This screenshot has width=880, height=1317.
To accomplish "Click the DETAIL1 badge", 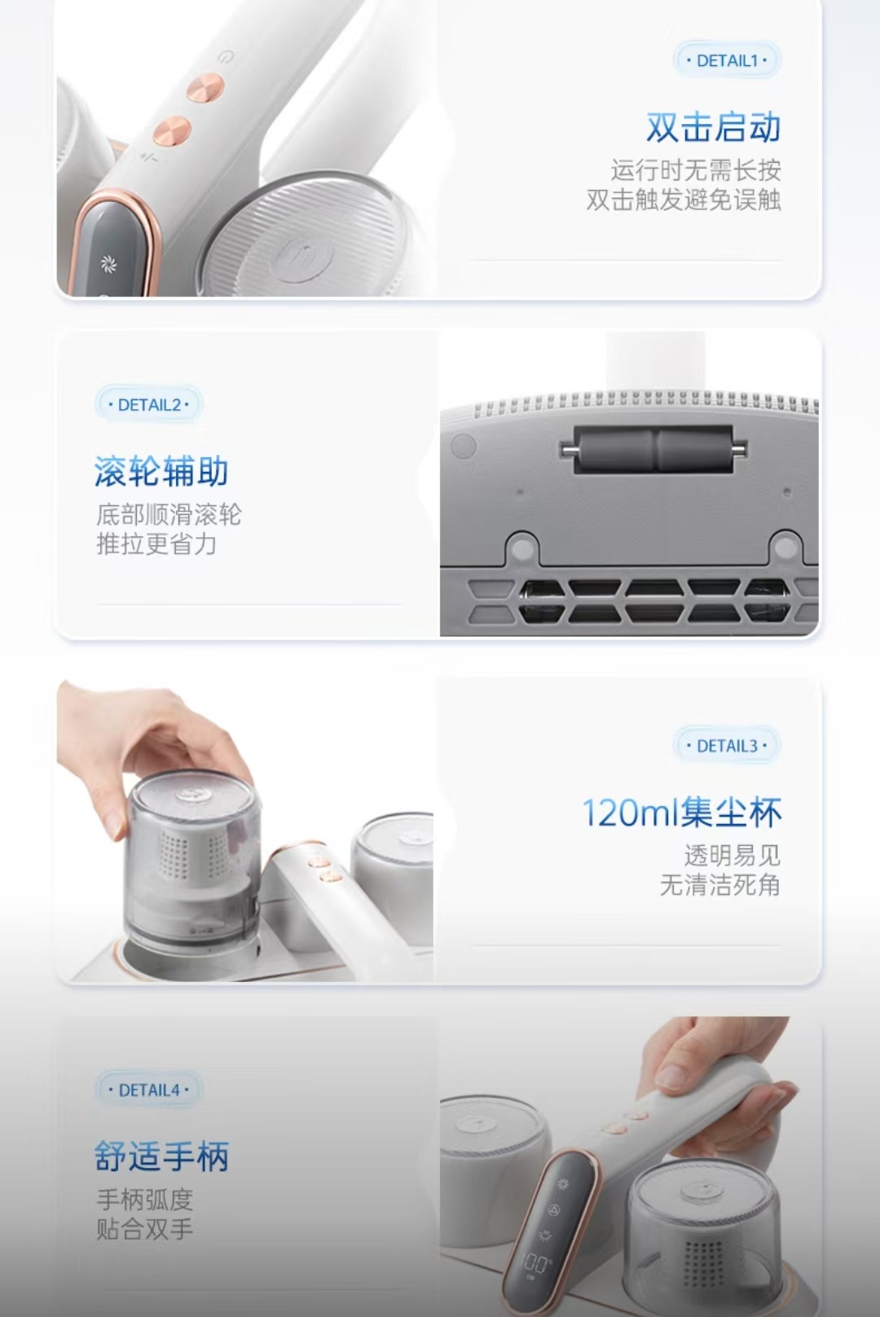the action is click(727, 60).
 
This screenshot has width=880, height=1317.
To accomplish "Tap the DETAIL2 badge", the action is click(149, 404).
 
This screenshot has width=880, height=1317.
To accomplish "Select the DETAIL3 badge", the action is click(727, 746).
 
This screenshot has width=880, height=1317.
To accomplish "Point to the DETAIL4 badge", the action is click(149, 1090).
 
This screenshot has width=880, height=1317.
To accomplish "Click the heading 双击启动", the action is click(713, 127).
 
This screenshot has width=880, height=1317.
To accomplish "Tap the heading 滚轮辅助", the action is click(161, 471).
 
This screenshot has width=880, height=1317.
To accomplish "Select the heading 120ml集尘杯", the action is click(682, 813).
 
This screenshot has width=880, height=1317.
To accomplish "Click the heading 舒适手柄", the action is click(161, 1156).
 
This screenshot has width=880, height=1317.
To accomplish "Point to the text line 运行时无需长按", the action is click(695, 170).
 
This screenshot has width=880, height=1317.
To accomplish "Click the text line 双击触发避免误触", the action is click(683, 200).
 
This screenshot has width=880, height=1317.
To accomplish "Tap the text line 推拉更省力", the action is click(156, 544).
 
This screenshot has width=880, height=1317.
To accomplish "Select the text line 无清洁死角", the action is click(720, 884).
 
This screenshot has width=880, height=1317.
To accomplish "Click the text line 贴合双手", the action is click(144, 1229).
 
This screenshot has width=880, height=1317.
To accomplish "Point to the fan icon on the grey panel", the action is click(108, 264).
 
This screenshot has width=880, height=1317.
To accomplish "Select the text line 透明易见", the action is click(733, 856).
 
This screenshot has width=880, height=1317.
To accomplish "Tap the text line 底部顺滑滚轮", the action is click(169, 514).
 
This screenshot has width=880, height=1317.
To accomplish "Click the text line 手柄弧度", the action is click(144, 1200).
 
